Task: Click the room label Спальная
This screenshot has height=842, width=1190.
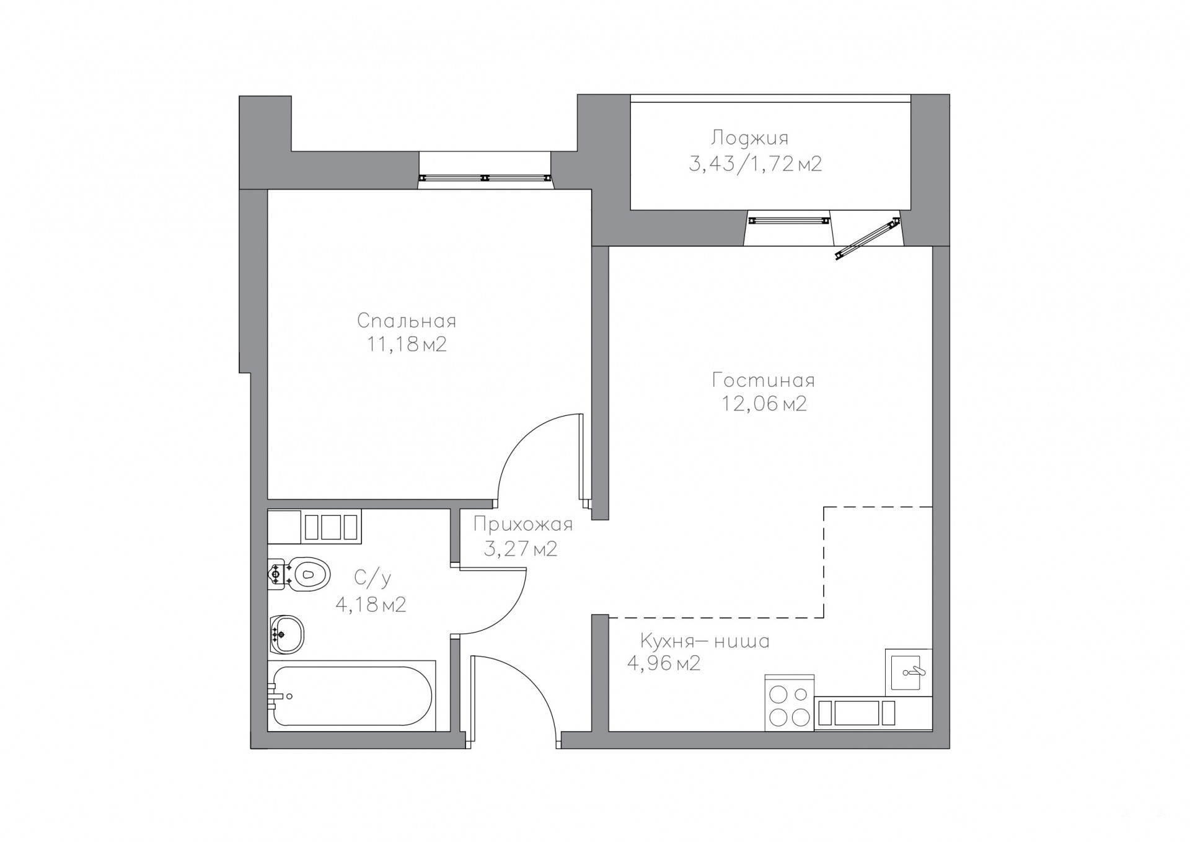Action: click(x=407, y=321)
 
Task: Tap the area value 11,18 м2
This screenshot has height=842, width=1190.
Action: click(x=407, y=345)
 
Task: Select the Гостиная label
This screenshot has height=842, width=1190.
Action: click(x=764, y=380)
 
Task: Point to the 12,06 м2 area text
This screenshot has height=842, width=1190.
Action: click(x=764, y=404)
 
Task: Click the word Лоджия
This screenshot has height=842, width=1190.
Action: click(x=750, y=138)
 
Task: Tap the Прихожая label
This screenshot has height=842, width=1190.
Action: click(x=523, y=525)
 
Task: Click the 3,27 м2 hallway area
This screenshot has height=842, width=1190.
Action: click(x=521, y=549)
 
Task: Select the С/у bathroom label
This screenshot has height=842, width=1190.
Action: click(x=372, y=578)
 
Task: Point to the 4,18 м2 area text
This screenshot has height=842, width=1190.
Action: click(x=371, y=604)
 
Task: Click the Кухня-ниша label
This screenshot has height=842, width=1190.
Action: click(x=705, y=640)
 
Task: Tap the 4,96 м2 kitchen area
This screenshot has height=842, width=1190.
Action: click(x=664, y=663)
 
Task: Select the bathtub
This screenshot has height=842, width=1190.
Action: click(x=351, y=696)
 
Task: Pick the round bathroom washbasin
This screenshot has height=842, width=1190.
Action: click(x=287, y=634)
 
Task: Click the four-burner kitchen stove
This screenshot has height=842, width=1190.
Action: click(x=789, y=702)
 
